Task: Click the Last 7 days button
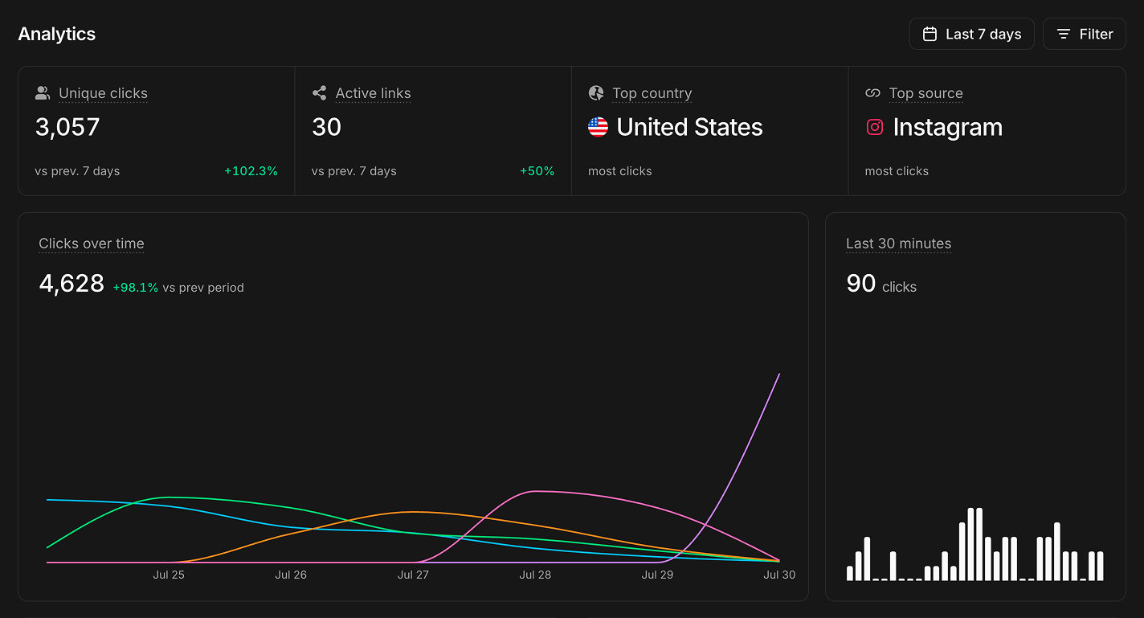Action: (x=971, y=35)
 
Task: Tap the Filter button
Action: (x=1085, y=35)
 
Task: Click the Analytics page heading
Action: (x=57, y=35)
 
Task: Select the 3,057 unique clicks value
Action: (x=67, y=127)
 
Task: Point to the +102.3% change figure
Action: (x=251, y=171)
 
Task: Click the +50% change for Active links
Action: (x=537, y=171)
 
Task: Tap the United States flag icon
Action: (x=598, y=127)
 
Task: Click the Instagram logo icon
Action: (x=875, y=127)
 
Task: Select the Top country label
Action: (x=652, y=93)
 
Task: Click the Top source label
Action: (x=926, y=93)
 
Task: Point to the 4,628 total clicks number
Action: (x=71, y=284)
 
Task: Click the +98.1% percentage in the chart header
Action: (x=135, y=288)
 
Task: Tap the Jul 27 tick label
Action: (x=413, y=575)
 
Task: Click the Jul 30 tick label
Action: (x=779, y=575)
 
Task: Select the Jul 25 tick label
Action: (x=169, y=575)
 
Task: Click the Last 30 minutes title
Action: (x=898, y=244)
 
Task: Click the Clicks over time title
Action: (x=92, y=244)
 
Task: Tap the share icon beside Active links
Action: (x=319, y=93)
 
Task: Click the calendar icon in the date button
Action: (x=929, y=35)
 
